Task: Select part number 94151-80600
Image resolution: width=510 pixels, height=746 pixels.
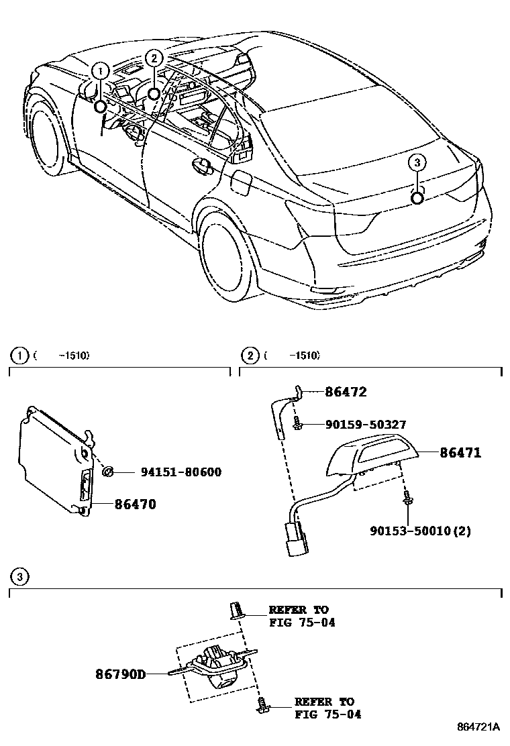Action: (x=181, y=473)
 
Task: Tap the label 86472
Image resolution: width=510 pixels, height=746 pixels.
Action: (x=346, y=392)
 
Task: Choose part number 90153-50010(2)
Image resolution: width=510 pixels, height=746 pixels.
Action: (x=420, y=531)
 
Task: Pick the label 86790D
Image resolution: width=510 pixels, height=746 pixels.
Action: (x=120, y=673)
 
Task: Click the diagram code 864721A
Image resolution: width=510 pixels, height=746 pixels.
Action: (x=479, y=727)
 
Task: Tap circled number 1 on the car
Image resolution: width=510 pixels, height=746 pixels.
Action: (x=100, y=70)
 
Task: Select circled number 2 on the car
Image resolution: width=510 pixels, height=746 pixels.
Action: (x=154, y=58)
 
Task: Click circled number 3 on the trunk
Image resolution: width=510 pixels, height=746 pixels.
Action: (x=416, y=162)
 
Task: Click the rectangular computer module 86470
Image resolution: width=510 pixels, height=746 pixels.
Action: (x=54, y=456)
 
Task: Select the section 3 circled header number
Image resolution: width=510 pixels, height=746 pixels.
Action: (x=20, y=577)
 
